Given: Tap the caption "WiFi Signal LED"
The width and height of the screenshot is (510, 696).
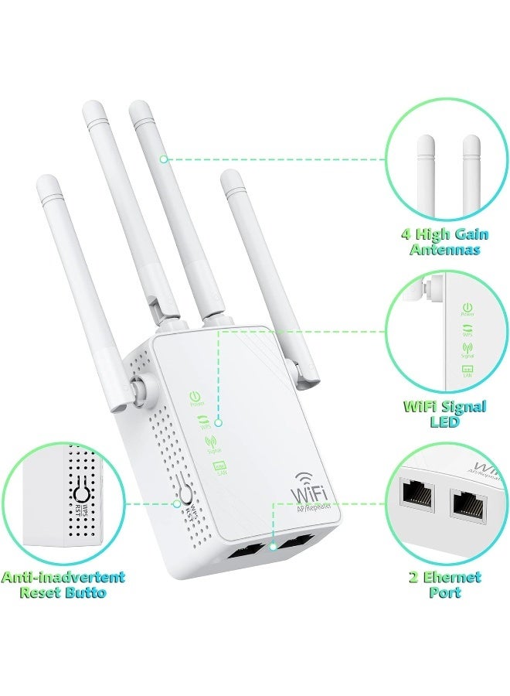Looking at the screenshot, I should [444, 414].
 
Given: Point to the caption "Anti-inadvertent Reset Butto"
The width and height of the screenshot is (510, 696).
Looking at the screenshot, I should [63, 585].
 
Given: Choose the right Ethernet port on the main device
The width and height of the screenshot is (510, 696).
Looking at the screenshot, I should [294, 544].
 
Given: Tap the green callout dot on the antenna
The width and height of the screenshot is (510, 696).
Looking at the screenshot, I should [163, 159].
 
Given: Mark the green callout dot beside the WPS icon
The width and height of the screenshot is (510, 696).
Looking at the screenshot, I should [220, 423].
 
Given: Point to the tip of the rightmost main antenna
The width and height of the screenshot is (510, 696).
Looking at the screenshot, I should [232, 179].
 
